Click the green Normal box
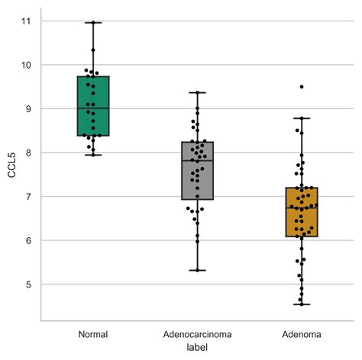tap(93, 106)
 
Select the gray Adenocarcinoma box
tap(198, 171)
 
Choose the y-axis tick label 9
tap(27, 109)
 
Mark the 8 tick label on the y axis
tap(27, 153)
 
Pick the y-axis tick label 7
tap(27, 197)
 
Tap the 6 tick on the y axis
tap(27, 240)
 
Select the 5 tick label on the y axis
tap(27, 284)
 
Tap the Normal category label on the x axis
tap(93, 335)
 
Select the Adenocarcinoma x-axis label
tap(198, 335)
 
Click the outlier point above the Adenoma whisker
tap(302, 87)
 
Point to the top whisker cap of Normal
tap(93, 23)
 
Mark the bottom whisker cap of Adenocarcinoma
tap(198, 270)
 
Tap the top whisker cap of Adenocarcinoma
tap(198, 92)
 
